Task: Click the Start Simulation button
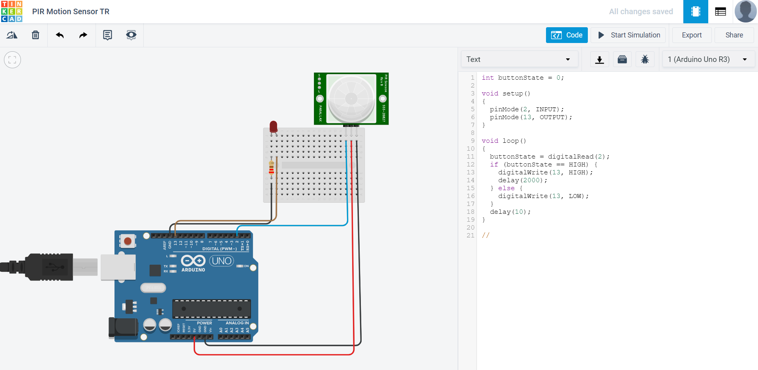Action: click(x=629, y=35)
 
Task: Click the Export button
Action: click(x=692, y=35)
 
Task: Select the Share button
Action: click(x=734, y=35)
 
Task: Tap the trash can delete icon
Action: click(x=36, y=35)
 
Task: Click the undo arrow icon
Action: click(x=60, y=35)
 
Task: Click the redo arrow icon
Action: click(x=83, y=35)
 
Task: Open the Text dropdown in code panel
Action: click(x=519, y=59)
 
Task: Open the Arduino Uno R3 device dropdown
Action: click(x=707, y=59)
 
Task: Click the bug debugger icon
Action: click(x=645, y=60)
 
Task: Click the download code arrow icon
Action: click(x=599, y=60)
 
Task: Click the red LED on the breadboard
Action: click(x=273, y=127)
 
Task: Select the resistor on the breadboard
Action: click(x=271, y=168)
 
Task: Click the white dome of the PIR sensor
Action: click(x=351, y=99)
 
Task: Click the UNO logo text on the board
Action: click(x=221, y=261)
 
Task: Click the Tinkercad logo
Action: click(x=12, y=11)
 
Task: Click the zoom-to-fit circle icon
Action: click(x=12, y=60)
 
